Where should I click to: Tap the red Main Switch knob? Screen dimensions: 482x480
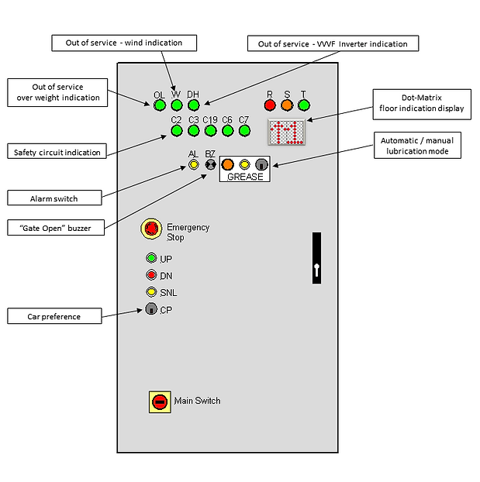click(160, 401)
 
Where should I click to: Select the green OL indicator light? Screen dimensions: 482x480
click(160, 105)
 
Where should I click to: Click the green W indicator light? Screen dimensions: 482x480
click(177, 105)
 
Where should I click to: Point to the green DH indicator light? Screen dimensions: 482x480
click(194, 105)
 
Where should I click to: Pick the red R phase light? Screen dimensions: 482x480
click(270, 105)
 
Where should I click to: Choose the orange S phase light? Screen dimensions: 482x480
click(287, 105)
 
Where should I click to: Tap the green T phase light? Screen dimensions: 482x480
click(304, 105)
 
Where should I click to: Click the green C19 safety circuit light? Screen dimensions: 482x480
click(210, 130)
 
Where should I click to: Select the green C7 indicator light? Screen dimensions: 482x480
click(244, 130)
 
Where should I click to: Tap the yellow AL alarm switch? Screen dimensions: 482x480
click(194, 164)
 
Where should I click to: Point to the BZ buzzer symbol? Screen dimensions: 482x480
click(210, 164)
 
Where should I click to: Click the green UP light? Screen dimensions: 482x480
click(152, 258)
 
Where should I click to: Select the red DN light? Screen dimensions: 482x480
click(152, 275)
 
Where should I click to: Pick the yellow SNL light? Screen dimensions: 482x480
click(152, 292)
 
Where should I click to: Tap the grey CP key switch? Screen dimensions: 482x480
click(152, 309)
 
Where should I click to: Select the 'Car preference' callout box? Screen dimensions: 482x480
click(54, 316)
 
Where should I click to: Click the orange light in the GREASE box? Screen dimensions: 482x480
click(228, 164)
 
